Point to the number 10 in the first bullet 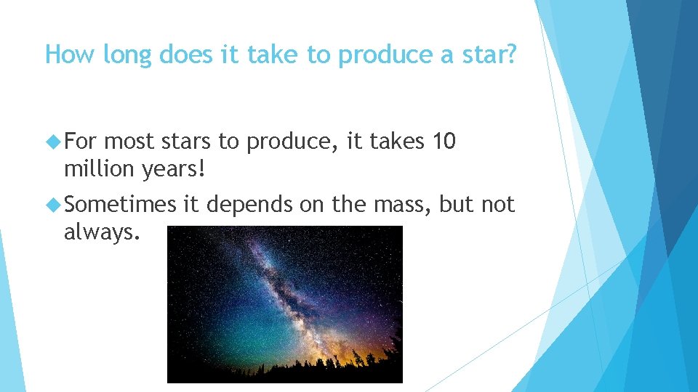(x=444, y=142)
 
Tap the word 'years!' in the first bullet (x=174, y=170)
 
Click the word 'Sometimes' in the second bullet (x=120, y=205)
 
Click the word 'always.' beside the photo (x=100, y=233)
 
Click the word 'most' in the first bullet (x=129, y=142)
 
